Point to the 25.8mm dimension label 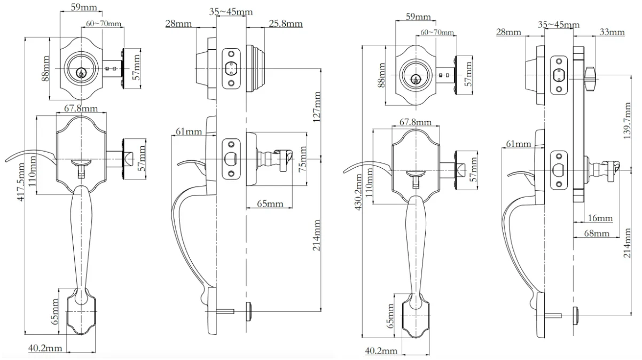[x=286, y=24]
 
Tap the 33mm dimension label [x=612, y=33]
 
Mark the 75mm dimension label [x=302, y=158]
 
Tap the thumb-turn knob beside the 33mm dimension [x=590, y=78]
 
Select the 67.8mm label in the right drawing [x=415, y=123]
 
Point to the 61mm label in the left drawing [x=188, y=131]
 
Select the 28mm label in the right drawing [x=508, y=33]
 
